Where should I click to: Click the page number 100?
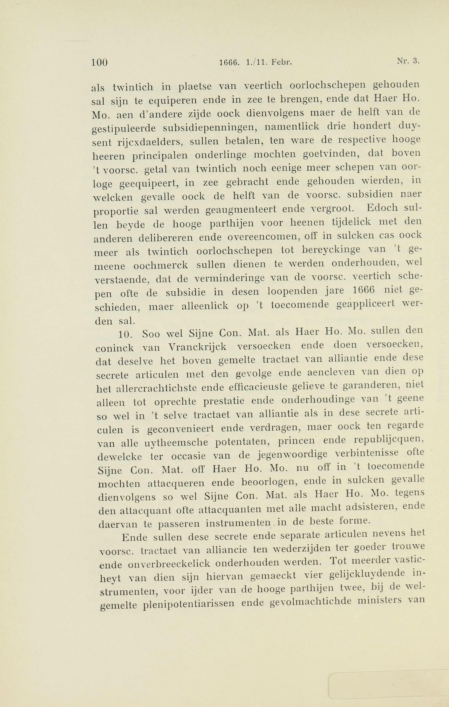[99, 63]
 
